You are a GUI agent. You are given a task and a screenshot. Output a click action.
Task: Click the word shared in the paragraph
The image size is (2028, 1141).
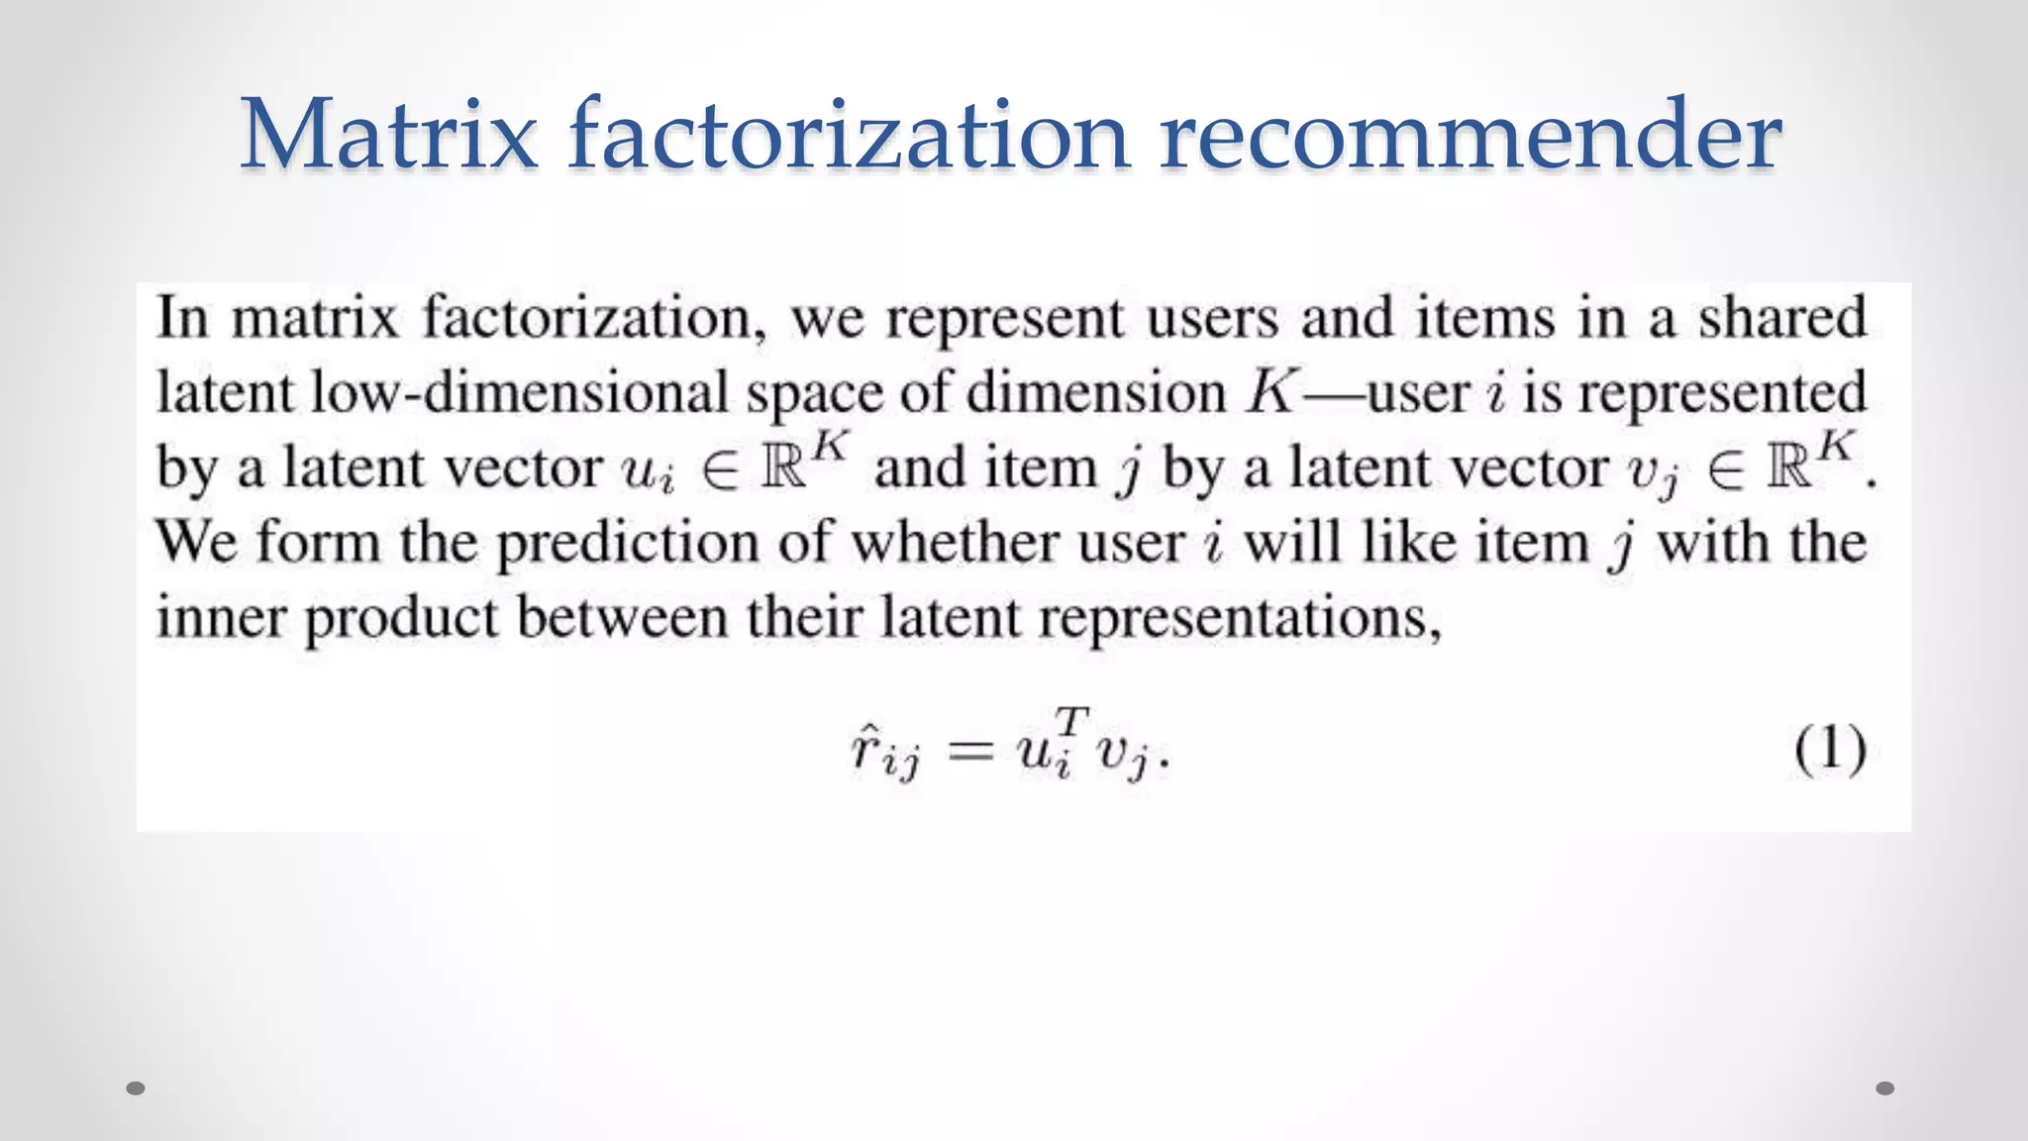pyautogui.click(x=1782, y=318)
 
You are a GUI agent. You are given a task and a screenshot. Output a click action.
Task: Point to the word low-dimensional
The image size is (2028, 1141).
pyautogui.click(x=520, y=393)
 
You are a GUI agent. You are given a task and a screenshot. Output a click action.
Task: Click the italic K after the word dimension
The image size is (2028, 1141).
pyautogui.click(x=1271, y=392)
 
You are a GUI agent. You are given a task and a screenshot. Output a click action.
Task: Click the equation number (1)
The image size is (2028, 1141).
pyautogui.click(x=1830, y=749)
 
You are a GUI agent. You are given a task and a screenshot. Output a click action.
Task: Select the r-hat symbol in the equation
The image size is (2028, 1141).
pyautogui.click(x=863, y=749)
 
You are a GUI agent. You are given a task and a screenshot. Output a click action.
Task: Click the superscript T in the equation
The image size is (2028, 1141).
pyautogui.click(x=1071, y=719)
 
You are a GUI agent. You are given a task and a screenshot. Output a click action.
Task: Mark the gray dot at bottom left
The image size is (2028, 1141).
pyautogui.click(x=137, y=1089)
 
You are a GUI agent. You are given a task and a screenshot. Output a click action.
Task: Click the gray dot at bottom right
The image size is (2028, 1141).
pyautogui.click(x=1884, y=1089)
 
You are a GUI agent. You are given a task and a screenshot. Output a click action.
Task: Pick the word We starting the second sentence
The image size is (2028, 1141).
pyautogui.click(x=197, y=542)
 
